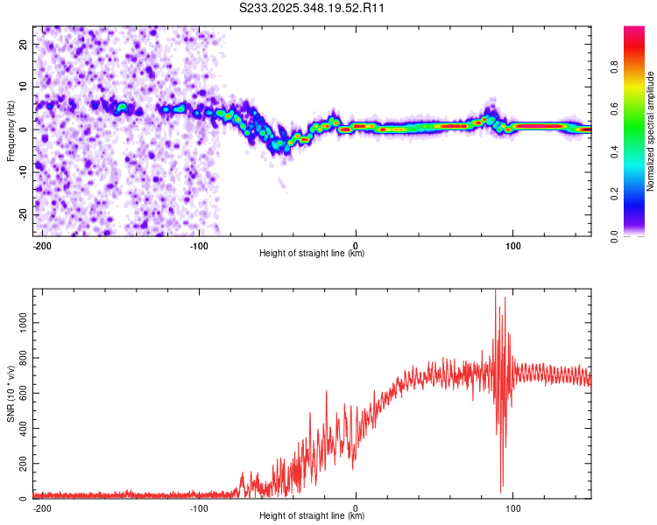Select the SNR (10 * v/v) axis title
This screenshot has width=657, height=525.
coord(11,394)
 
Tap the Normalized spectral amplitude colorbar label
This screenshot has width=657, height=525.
coord(650,131)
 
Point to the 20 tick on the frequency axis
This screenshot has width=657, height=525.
coord(23,45)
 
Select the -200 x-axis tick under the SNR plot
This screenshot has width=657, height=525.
coord(40,507)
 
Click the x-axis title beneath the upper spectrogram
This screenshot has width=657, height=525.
coord(312,254)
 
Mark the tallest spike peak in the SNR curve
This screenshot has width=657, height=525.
coord(496,291)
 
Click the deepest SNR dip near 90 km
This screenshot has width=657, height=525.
coord(502,491)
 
